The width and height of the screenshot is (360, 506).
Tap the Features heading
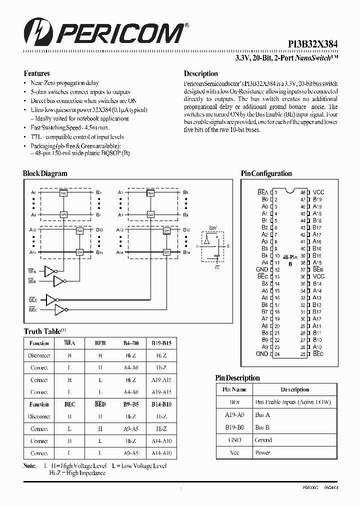coord(37,73)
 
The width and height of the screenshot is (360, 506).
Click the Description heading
coord(201,73)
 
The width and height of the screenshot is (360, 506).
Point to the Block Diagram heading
coord(45,173)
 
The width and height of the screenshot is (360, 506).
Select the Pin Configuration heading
coord(266,173)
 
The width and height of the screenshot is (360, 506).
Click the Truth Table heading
coord(42,331)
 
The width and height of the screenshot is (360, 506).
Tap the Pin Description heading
coord(237,378)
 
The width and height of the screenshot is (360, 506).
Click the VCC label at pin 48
coord(318,192)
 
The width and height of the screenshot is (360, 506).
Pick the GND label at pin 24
coord(262,353)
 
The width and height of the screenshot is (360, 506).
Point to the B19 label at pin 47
coord(317,199)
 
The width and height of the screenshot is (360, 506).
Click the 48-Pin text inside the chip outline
coord(290,256)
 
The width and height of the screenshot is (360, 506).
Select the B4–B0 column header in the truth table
coord(131,343)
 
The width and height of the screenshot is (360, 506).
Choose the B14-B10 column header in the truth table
coord(161,404)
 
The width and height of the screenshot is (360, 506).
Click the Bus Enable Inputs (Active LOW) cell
coord(293,402)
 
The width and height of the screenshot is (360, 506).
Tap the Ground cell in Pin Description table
coord(263,440)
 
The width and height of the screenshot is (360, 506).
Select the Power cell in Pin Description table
coord(262,452)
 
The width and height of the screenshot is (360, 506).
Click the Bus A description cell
coord(262,414)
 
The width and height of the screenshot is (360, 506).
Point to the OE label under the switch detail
coord(217,267)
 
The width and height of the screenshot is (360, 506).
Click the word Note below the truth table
coord(30,466)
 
